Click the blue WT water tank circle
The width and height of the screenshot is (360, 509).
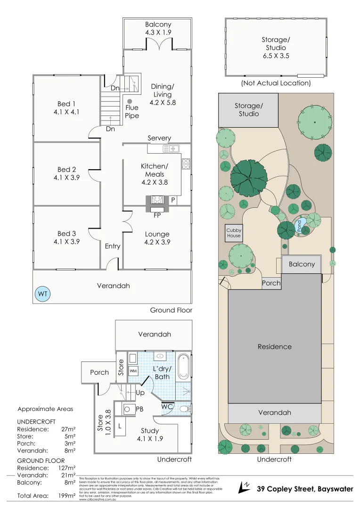43,295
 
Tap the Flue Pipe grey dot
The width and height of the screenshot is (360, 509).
130,101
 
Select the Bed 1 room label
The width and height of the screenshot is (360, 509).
66,108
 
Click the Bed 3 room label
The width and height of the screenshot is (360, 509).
66,238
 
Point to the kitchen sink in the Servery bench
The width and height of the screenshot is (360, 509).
171,149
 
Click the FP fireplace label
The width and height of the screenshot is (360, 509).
157,215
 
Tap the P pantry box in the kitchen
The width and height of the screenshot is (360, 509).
173,200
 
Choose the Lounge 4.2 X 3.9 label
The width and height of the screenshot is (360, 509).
157,238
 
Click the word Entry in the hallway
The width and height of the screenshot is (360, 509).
113,246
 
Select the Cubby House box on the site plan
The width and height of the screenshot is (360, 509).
234,233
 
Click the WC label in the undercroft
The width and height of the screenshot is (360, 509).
167,406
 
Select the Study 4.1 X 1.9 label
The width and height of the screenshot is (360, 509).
150,435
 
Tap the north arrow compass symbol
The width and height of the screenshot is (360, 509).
245,487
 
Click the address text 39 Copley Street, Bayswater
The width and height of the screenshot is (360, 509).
305,489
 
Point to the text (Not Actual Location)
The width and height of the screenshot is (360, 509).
276,83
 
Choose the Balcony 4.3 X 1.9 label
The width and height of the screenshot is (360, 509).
158,29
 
